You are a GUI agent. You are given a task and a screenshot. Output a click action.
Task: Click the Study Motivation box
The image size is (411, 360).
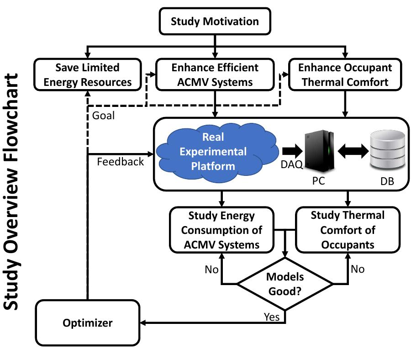[215, 21]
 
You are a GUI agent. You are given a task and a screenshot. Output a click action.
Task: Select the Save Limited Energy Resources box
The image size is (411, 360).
[87, 75]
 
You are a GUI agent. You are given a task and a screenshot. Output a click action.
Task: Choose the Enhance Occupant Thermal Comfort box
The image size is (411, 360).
[345, 75]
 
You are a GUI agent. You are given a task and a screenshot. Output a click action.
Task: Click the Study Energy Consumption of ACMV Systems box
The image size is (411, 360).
[222, 229]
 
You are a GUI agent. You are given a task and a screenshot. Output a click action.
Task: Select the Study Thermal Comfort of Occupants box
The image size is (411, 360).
[347, 229]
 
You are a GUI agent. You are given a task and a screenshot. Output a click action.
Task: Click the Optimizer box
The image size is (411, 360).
[87, 323]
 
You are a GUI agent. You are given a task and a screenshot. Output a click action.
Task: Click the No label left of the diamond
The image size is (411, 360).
[211, 270]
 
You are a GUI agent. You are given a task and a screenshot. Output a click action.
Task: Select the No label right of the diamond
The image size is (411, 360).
[358, 269]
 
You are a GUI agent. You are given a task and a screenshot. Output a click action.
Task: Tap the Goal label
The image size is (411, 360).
[104, 116]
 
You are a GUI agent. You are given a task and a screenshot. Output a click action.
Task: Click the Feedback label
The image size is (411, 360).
[121, 161]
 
